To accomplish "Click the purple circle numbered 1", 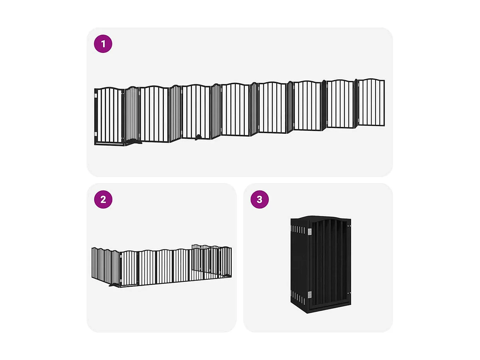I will [103, 44].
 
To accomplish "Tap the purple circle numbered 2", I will [103, 199].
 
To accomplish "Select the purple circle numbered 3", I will [260, 199].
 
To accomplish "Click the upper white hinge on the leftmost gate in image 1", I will [96, 95].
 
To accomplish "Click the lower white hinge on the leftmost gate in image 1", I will [96, 134].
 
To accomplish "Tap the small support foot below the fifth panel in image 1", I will [198, 138].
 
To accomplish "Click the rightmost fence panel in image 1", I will [371, 102].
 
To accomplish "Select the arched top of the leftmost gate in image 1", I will [109, 89].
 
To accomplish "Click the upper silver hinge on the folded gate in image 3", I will [309, 232].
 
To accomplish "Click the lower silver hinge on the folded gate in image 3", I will [309, 295].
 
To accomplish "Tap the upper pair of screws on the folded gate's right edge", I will [349, 226].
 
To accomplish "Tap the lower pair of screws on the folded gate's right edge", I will [349, 293].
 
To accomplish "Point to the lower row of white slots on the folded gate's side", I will [298, 298].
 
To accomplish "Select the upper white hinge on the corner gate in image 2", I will [121, 256].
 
